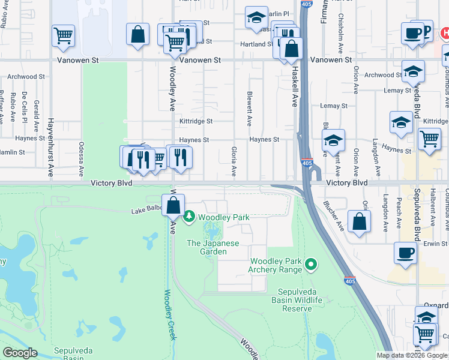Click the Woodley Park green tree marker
click(190, 215)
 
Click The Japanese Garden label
click(213, 247)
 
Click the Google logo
click(20, 353)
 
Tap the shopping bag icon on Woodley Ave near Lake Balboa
click(173, 206)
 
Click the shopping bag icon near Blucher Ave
click(359, 221)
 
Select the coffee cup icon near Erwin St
click(405, 253)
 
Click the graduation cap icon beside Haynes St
click(333, 142)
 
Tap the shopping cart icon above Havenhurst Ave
click(63, 36)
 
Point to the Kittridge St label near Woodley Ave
click(196, 121)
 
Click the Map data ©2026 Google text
click(412, 355)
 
